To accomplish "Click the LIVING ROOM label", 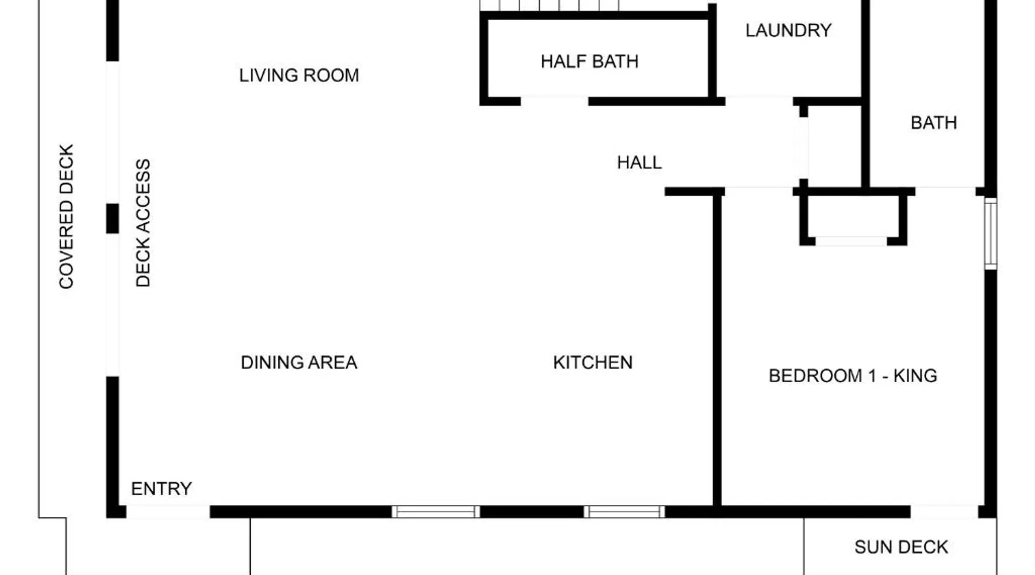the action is tap(299, 75).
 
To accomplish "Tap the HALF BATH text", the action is tap(589, 62).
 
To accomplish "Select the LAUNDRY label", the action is tap(788, 30).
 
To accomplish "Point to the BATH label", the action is tap(934, 122).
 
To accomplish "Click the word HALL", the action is tap(639, 163).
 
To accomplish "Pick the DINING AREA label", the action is tap(299, 362).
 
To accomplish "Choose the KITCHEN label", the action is tap(593, 362).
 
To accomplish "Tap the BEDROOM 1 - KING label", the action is tap(853, 375).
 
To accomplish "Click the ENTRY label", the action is tap(162, 489).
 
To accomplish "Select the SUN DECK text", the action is tap(901, 547).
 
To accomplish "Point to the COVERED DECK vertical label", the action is tap(67, 216).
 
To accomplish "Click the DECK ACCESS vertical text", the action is tap(143, 223).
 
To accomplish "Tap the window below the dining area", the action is tap(436, 512).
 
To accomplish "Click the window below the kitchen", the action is tap(624, 512).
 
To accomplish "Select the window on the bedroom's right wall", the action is tap(990, 233).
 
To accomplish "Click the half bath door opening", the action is tap(554, 102).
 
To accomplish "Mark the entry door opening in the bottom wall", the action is tap(168, 512).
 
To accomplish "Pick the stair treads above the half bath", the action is tap(550, 5).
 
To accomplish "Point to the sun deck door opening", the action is tap(945, 512).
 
